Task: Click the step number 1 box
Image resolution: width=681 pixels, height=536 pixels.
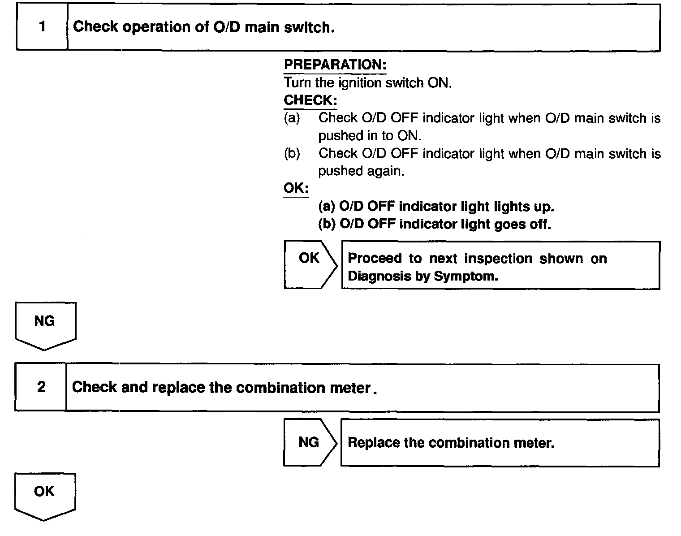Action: [x=42, y=27]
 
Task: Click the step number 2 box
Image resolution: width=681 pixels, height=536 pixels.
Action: [x=41, y=387]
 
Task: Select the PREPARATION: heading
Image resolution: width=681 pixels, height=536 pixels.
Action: [x=335, y=65]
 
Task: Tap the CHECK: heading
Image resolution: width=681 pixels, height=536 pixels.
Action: [x=310, y=100]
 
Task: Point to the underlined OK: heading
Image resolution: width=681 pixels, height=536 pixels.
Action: [x=296, y=188]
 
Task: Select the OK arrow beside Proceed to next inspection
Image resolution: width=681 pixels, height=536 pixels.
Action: [x=310, y=264]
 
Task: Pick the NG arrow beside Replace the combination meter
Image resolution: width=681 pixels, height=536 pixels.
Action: [x=309, y=443]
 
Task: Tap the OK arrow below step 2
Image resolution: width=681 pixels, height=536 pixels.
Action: [x=44, y=495]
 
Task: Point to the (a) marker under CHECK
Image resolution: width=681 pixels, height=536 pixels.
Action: [x=292, y=118]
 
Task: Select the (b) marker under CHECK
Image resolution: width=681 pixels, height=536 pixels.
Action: [x=292, y=154]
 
